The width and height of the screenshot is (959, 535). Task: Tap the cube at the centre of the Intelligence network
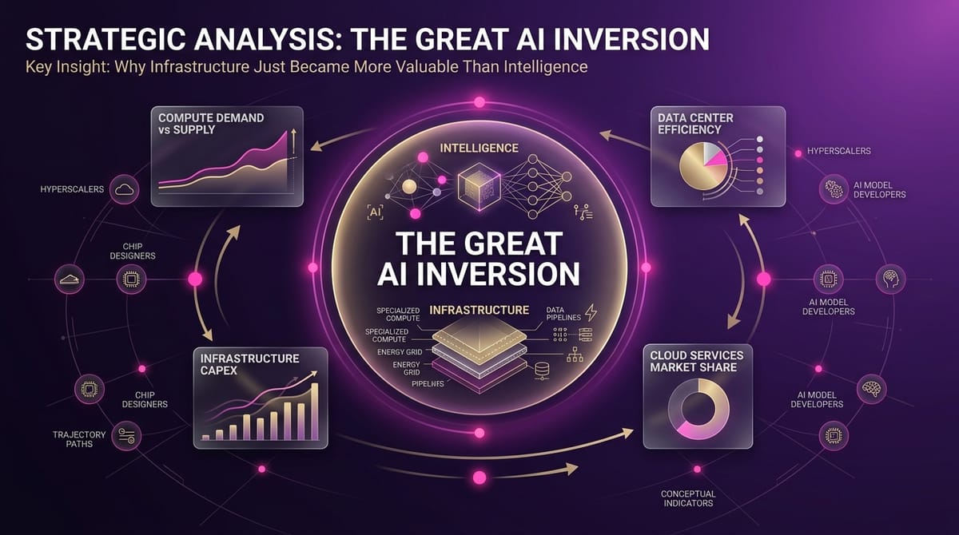point(479,185)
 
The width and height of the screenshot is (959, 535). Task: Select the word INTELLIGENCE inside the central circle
point(479,149)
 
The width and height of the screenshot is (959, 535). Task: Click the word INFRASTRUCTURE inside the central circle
point(479,309)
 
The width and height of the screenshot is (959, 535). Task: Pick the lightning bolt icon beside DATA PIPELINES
point(592,311)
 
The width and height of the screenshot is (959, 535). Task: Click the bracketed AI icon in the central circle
point(375,212)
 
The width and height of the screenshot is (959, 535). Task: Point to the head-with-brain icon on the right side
point(891,276)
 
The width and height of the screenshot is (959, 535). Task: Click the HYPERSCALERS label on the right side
point(838,150)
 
